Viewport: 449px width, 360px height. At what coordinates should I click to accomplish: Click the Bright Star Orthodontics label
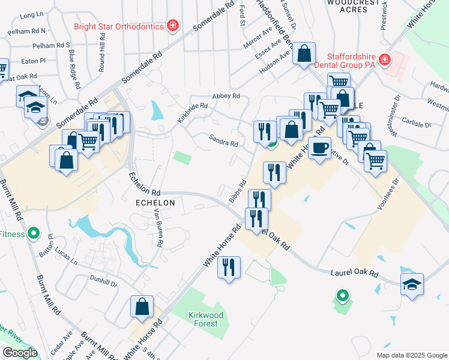pyautogui.click(x=119, y=26)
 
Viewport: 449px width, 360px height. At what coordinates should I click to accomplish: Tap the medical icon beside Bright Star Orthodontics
pyautogui.click(x=173, y=26)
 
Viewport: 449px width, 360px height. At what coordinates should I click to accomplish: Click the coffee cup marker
pyautogui.click(x=320, y=148)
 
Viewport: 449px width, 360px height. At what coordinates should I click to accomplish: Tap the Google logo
pyautogui.click(x=19, y=353)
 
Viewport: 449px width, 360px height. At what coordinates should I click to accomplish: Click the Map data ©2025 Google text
pyautogui.click(x=411, y=355)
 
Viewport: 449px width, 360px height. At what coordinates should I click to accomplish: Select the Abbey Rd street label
pyautogui.click(x=226, y=96)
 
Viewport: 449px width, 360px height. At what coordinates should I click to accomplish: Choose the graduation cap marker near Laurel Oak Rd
pyautogui.click(x=412, y=284)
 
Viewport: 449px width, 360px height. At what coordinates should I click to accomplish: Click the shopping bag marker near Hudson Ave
pyautogui.click(x=304, y=54)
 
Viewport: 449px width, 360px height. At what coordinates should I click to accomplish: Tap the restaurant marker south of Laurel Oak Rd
pyautogui.click(x=229, y=267)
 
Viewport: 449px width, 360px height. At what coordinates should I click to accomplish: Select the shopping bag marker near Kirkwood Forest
pyautogui.click(x=142, y=306)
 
